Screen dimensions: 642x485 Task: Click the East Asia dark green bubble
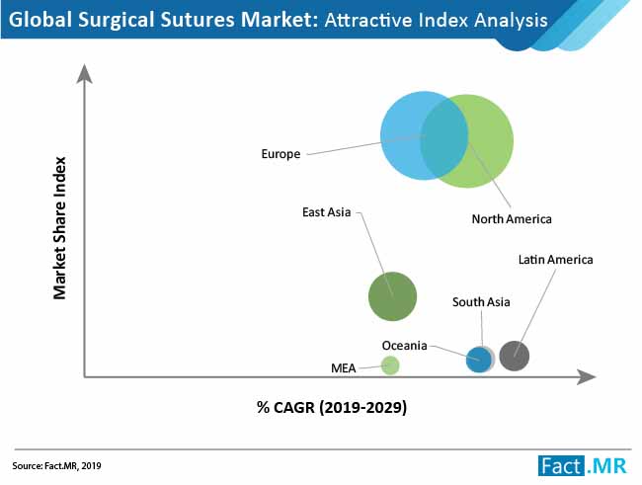(x=392, y=296)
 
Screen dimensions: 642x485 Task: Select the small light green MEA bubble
(x=390, y=365)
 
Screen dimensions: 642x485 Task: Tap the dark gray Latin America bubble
(x=515, y=356)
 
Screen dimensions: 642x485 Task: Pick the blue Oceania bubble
(x=478, y=360)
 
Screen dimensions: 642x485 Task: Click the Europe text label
(x=281, y=154)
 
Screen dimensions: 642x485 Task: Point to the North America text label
(x=512, y=218)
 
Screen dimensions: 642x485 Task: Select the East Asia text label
(x=326, y=212)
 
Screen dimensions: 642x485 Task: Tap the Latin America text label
(x=555, y=260)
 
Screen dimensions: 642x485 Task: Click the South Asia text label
(x=481, y=302)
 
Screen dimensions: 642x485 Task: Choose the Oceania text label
(x=404, y=346)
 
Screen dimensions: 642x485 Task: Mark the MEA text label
(x=343, y=368)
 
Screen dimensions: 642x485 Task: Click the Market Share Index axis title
(x=60, y=228)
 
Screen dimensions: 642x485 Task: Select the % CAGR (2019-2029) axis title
(x=332, y=408)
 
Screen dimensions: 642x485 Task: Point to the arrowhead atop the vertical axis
(x=84, y=74)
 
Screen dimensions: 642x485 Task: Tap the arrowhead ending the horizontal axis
(x=587, y=377)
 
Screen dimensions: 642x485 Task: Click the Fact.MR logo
(x=582, y=466)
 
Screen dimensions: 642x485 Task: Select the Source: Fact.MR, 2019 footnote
(x=56, y=466)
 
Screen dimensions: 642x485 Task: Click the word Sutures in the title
(x=197, y=19)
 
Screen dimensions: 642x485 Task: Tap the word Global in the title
(x=40, y=19)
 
